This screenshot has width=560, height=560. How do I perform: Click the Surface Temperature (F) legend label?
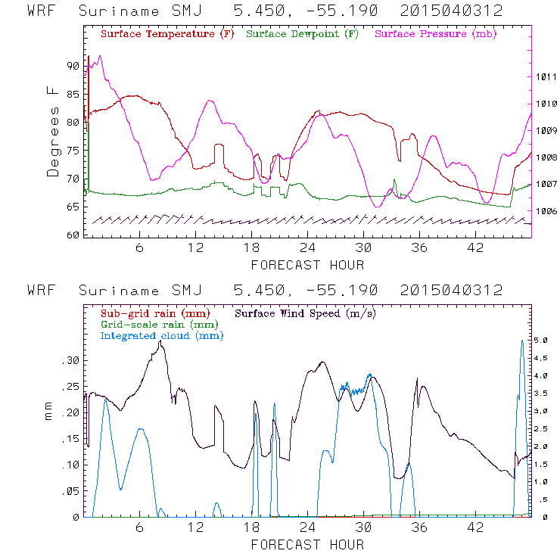(166, 35)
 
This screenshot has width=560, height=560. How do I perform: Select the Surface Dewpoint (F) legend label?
(302, 35)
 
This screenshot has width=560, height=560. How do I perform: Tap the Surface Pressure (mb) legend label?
(432, 35)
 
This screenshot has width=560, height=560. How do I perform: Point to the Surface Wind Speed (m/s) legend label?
(306, 313)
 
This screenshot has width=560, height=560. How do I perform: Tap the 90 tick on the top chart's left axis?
(72, 66)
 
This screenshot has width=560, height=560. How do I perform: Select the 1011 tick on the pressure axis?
(546, 77)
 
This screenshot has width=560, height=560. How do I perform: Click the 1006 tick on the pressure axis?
(546, 211)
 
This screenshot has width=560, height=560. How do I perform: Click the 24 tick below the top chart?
(307, 248)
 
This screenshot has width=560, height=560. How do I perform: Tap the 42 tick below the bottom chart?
(475, 528)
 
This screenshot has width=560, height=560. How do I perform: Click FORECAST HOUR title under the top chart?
(307, 265)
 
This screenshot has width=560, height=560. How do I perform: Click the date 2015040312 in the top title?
(452, 11)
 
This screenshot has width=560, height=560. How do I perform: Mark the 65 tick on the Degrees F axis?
(72, 207)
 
